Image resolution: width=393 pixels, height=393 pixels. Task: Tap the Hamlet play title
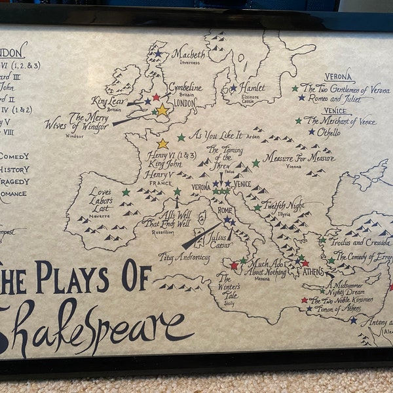[252, 87]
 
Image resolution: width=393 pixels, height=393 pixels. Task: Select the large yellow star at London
[162, 110]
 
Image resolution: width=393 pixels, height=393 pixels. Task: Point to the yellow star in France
[162, 143]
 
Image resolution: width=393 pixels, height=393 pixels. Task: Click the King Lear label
[108, 101]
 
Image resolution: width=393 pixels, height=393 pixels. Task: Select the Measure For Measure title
[299, 157]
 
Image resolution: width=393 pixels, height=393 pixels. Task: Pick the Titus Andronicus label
[184, 257]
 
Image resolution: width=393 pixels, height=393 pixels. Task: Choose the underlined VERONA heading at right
[338, 76]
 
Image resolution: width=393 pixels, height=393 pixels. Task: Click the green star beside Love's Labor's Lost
[126, 193]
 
